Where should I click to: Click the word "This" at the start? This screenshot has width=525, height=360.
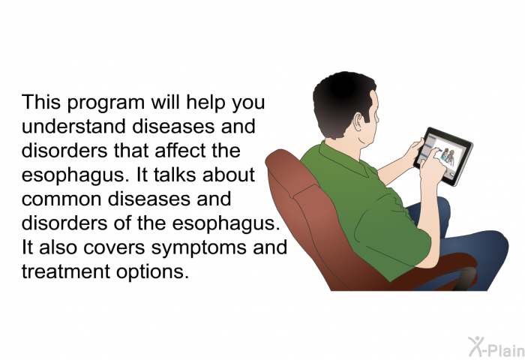coord(41,102)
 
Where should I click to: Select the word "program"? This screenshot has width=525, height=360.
coord(106,103)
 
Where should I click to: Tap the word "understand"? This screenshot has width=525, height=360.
coord(74,126)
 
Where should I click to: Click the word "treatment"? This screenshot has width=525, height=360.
coord(66,272)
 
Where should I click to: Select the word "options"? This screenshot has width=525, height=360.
coord(153,273)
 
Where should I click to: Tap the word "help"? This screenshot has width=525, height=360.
coord(205,103)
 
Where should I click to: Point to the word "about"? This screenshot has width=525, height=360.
coord(229,175)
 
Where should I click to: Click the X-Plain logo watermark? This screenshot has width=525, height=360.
coord(496,347)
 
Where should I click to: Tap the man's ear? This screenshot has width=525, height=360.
coord(358,122)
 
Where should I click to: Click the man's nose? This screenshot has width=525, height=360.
coord(377,117)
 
